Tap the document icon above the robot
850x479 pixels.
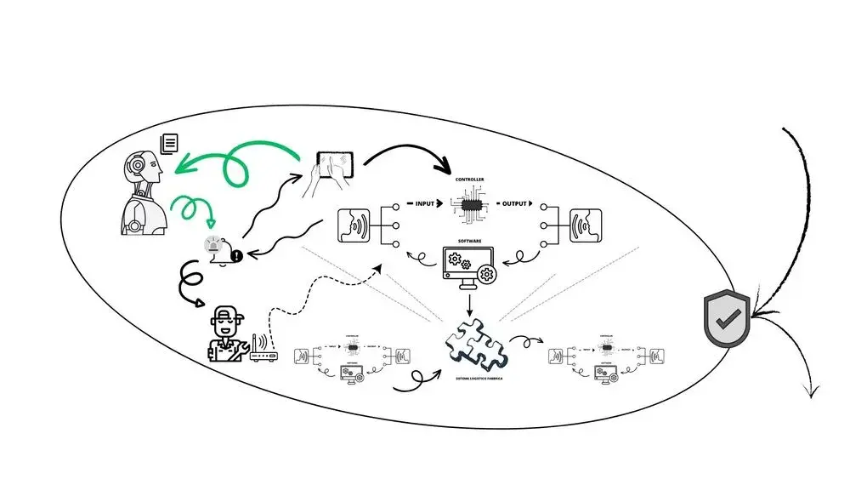(169, 143)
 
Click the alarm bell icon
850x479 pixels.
(215, 248)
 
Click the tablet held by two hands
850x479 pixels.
(335, 163)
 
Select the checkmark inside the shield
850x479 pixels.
(726, 320)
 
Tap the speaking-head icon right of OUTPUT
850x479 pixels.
(586, 227)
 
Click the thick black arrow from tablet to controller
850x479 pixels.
(408, 153)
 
